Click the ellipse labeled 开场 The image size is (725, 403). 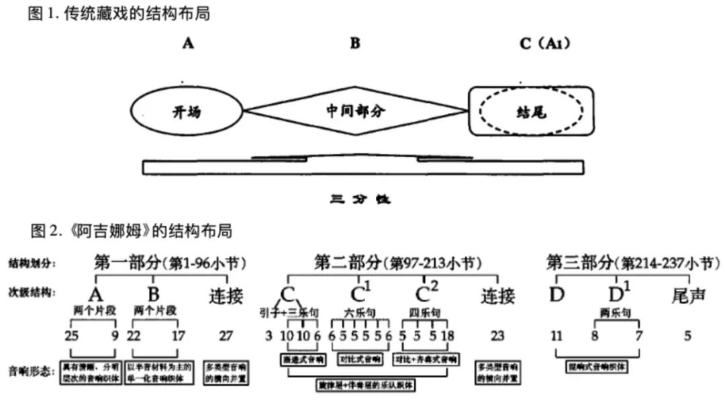[186, 112]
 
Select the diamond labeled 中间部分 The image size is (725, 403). [356, 111]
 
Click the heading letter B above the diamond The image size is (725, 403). [355, 44]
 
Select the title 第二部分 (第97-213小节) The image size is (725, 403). [399, 263]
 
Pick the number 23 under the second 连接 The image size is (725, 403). [497, 335]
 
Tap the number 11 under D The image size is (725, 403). [557, 335]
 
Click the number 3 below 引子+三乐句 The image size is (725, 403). [269, 335]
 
